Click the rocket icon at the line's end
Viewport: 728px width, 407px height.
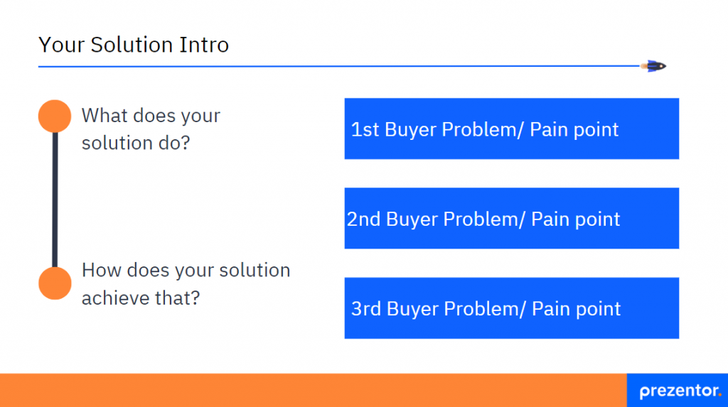[655, 66]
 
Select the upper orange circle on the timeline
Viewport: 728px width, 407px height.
[55, 116]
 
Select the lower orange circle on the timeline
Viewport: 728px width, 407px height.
[55, 283]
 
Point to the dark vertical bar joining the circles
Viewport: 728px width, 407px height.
[55, 199]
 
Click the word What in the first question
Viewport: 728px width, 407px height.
[104, 115]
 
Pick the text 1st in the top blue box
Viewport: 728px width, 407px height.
[365, 129]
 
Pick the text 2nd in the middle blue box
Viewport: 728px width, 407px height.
[364, 219]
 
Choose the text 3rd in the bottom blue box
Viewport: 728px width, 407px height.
[366, 309]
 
